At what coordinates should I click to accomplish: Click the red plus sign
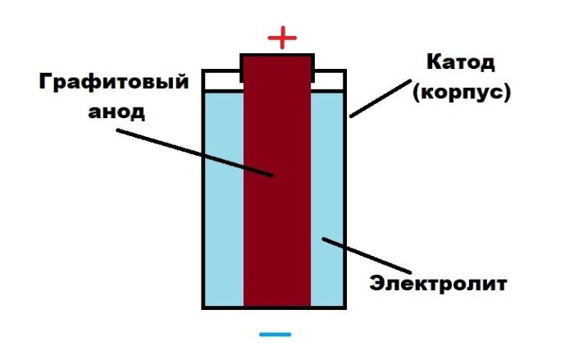(x=281, y=38)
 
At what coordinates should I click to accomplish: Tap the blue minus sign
(x=275, y=335)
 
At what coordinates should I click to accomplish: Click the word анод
(x=116, y=112)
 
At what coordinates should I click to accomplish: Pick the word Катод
(x=462, y=62)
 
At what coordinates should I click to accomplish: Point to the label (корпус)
(x=462, y=91)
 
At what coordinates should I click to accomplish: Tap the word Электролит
(x=439, y=284)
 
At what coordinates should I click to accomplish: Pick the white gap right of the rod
(x=331, y=80)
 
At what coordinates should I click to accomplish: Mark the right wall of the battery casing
(x=348, y=205)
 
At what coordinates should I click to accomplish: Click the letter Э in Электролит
(x=376, y=285)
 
